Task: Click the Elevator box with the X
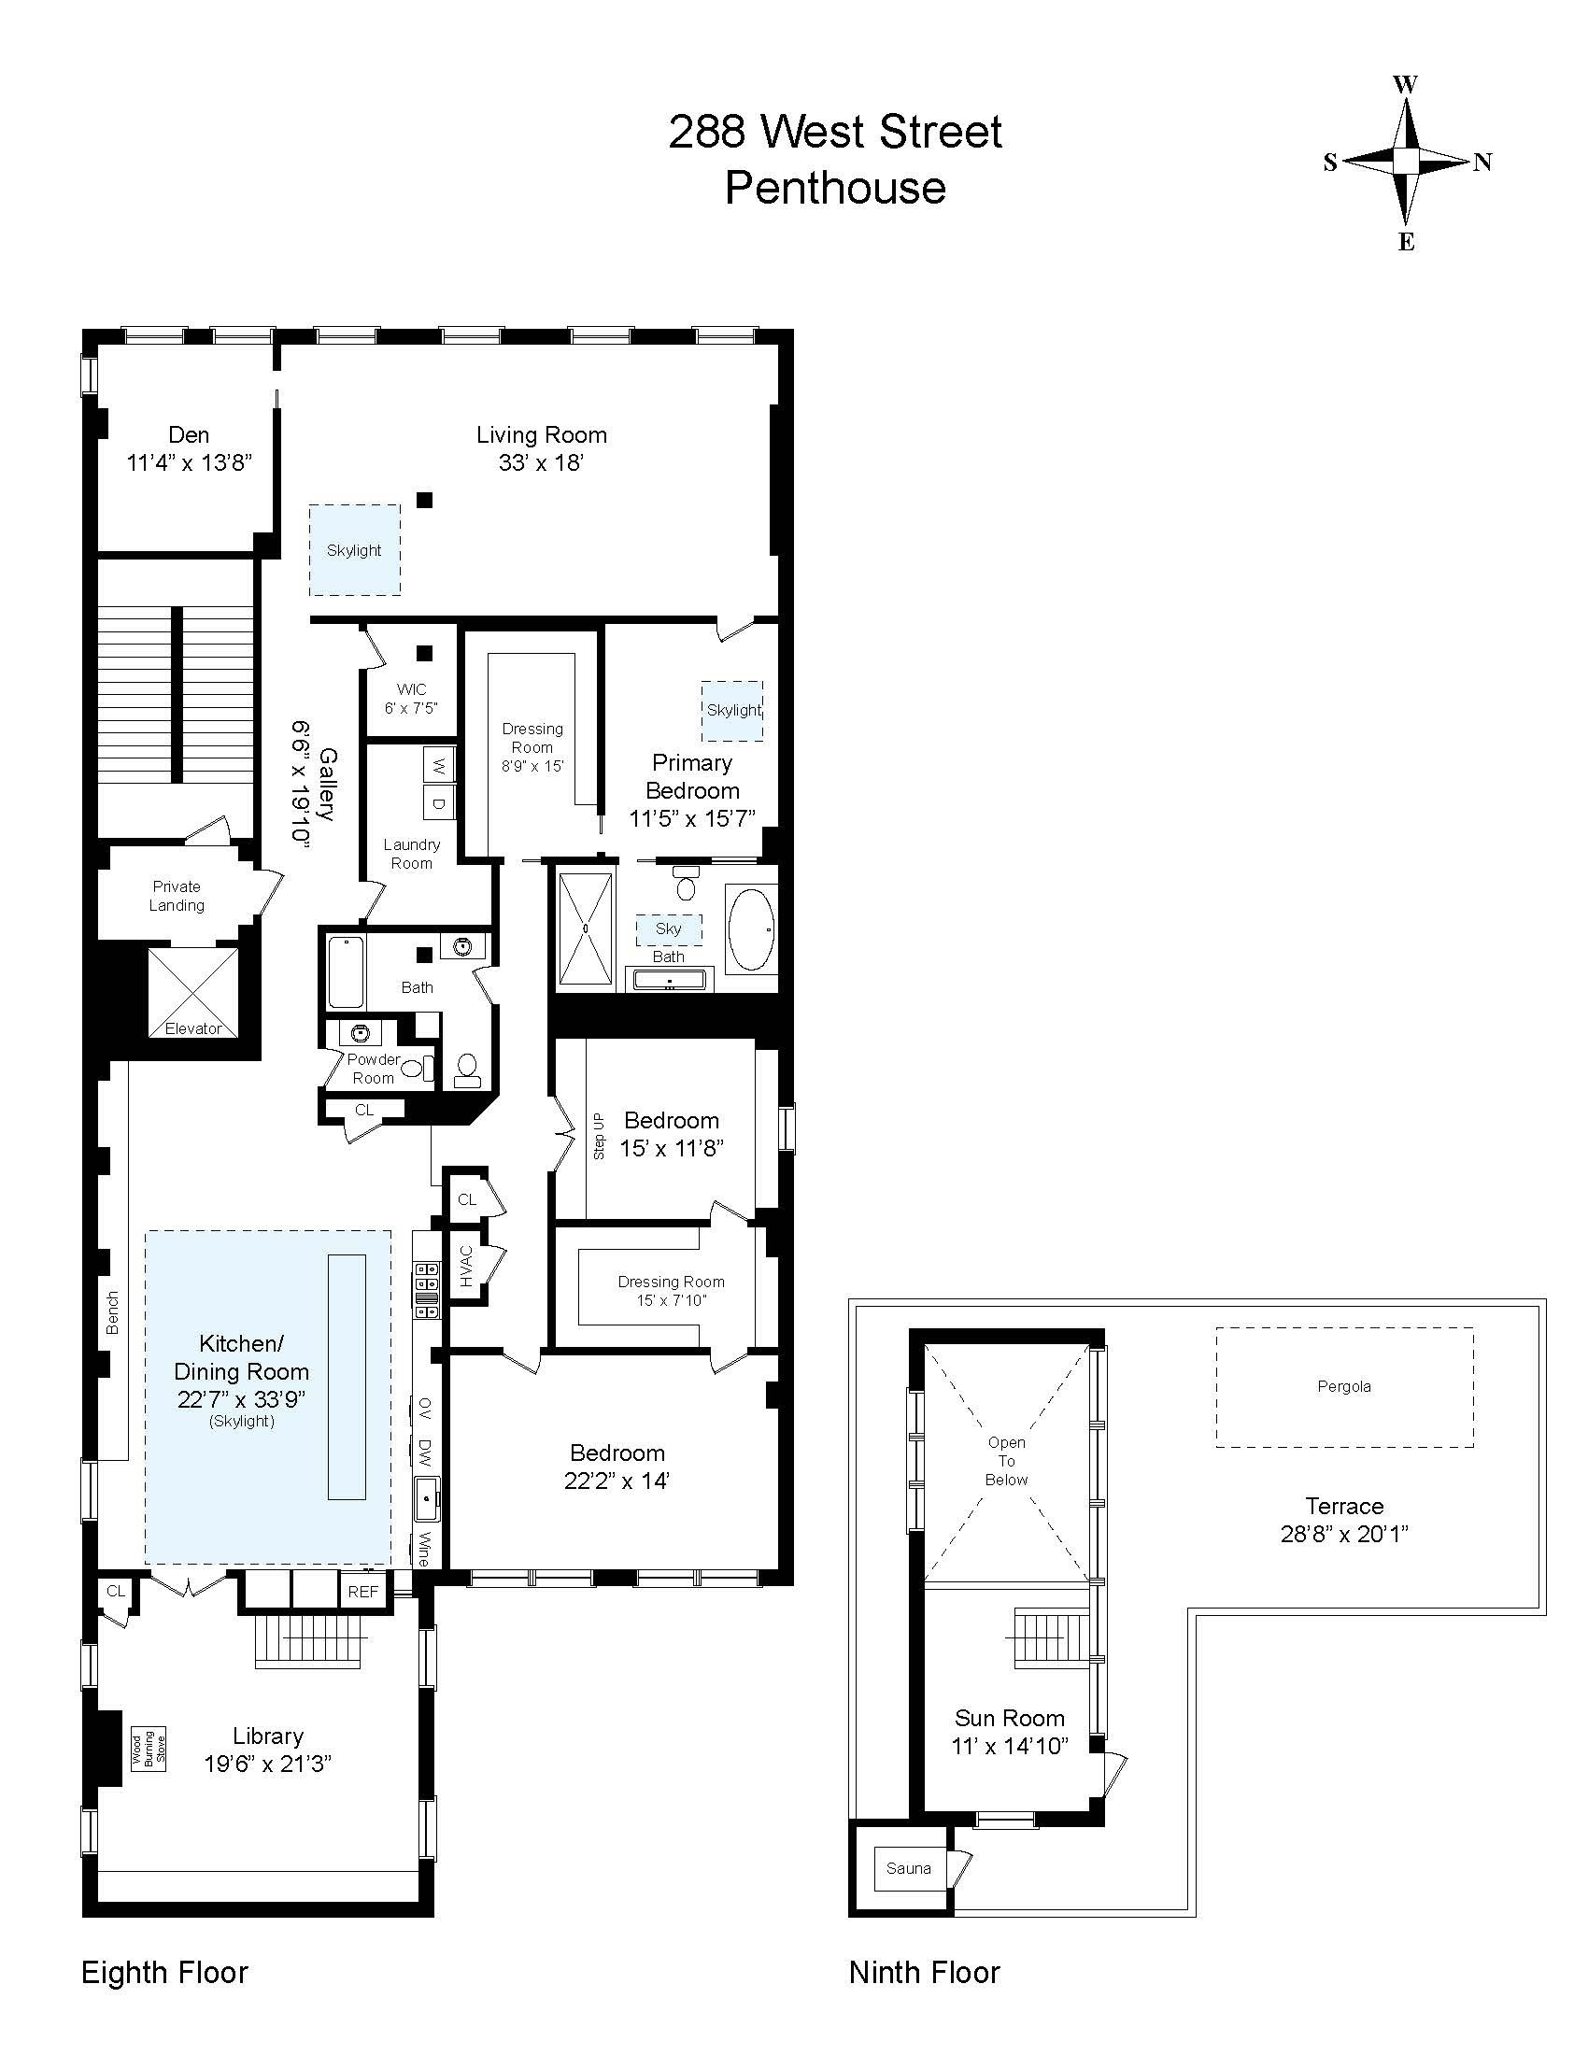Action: tap(192, 992)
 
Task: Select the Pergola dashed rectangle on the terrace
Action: tap(1343, 1387)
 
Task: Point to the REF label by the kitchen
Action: tap(362, 1592)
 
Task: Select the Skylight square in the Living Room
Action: tap(355, 550)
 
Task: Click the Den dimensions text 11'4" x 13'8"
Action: tap(189, 463)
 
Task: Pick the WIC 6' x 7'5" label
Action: tap(411, 699)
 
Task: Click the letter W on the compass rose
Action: tap(1405, 85)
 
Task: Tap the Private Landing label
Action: tap(177, 896)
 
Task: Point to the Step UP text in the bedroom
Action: tap(600, 1135)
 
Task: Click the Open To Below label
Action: tap(1006, 1461)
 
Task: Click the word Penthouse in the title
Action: tap(834, 187)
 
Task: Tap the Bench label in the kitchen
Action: tap(113, 1312)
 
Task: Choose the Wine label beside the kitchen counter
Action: tap(424, 1549)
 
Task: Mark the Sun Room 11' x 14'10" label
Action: tap(1010, 1732)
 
